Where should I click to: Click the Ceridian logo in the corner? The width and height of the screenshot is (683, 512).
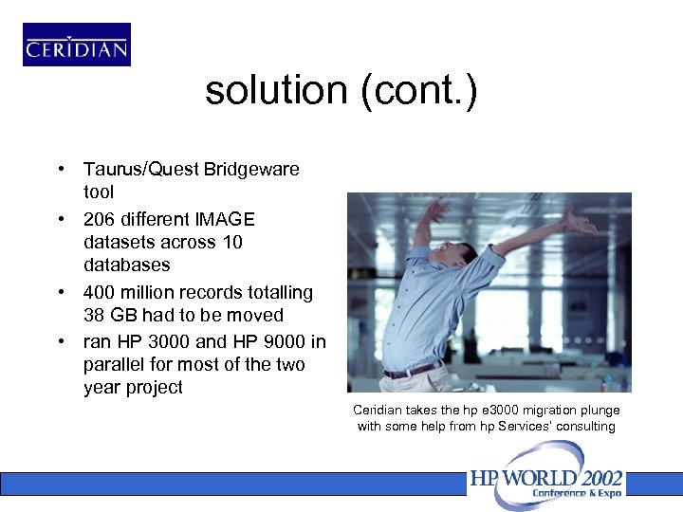(77, 46)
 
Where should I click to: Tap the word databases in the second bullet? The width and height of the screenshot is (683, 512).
(126, 265)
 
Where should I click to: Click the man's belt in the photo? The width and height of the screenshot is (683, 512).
(411, 368)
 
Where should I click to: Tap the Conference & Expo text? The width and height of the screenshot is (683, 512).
(577, 493)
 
